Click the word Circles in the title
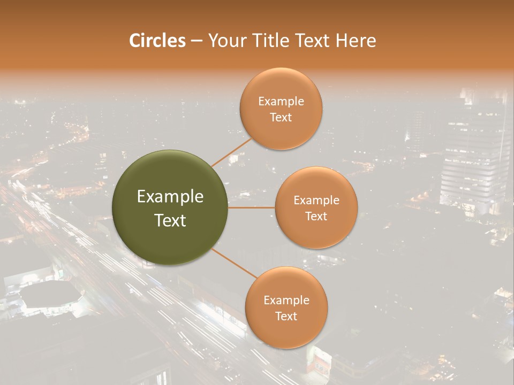click(157, 41)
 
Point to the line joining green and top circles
click(231, 152)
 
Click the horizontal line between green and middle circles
click(251, 207)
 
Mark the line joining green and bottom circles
click(233, 263)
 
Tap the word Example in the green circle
click(170, 197)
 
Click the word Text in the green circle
click(170, 220)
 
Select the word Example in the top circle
click(281, 102)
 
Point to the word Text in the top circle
click(281, 117)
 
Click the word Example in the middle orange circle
click(316, 201)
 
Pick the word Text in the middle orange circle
click(316, 216)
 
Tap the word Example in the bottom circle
click(286, 301)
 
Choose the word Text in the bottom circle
click(286, 316)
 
